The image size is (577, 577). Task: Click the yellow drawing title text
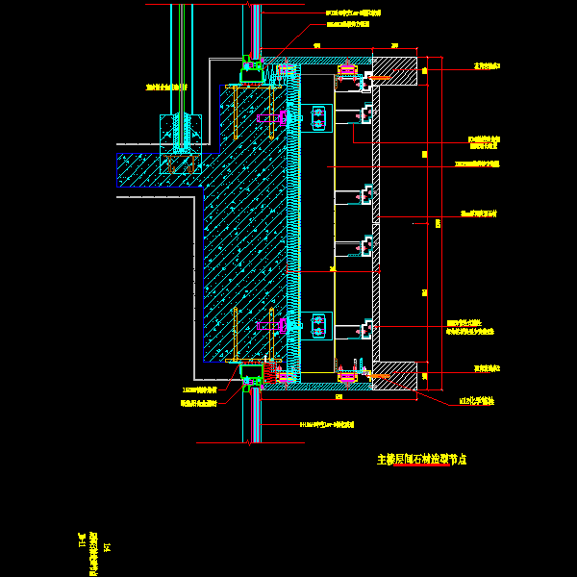point(421,460)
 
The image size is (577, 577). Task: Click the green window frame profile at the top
point(252,71)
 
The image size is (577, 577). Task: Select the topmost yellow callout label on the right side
point(487,66)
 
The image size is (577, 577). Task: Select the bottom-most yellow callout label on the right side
point(477,401)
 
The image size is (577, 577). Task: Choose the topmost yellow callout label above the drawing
point(353,13)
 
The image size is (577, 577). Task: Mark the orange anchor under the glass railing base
point(180,163)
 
